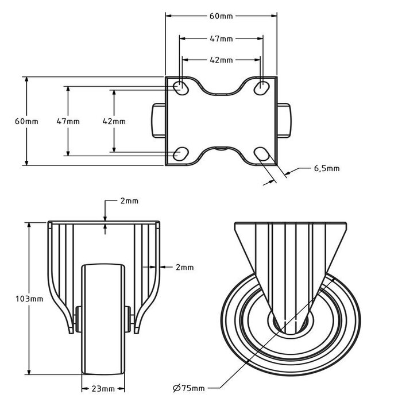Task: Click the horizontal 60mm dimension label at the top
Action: pyautogui.click(x=221, y=16)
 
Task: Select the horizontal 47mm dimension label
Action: pyautogui.click(x=221, y=38)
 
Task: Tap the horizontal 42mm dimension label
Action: pyautogui.click(x=221, y=60)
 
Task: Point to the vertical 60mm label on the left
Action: pyautogui.click(x=26, y=121)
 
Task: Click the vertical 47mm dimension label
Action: pyautogui.click(x=68, y=121)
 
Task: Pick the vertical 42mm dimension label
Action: pyautogui.click(x=114, y=121)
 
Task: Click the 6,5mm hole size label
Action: pyautogui.click(x=327, y=168)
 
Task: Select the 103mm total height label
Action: pyautogui.click(x=29, y=299)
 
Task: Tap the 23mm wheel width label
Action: pyautogui.click(x=103, y=389)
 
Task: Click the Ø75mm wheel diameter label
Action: pyautogui.click(x=189, y=388)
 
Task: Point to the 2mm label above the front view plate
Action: pyautogui.click(x=129, y=201)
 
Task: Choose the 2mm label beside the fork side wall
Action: pyautogui.click(x=184, y=268)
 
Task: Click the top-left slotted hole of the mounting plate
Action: pyautogui.click(x=181, y=88)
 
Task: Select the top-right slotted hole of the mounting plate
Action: pyautogui.click(x=261, y=87)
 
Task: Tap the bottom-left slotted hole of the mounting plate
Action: pyautogui.click(x=181, y=153)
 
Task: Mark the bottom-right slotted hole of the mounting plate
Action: pyautogui.click(x=261, y=153)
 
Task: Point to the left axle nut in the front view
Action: pyautogui.click(x=77, y=319)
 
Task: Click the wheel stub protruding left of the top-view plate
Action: pyautogui.click(x=159, y=121)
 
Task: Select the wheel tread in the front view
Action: pyautogui.click(x=103, y=319)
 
